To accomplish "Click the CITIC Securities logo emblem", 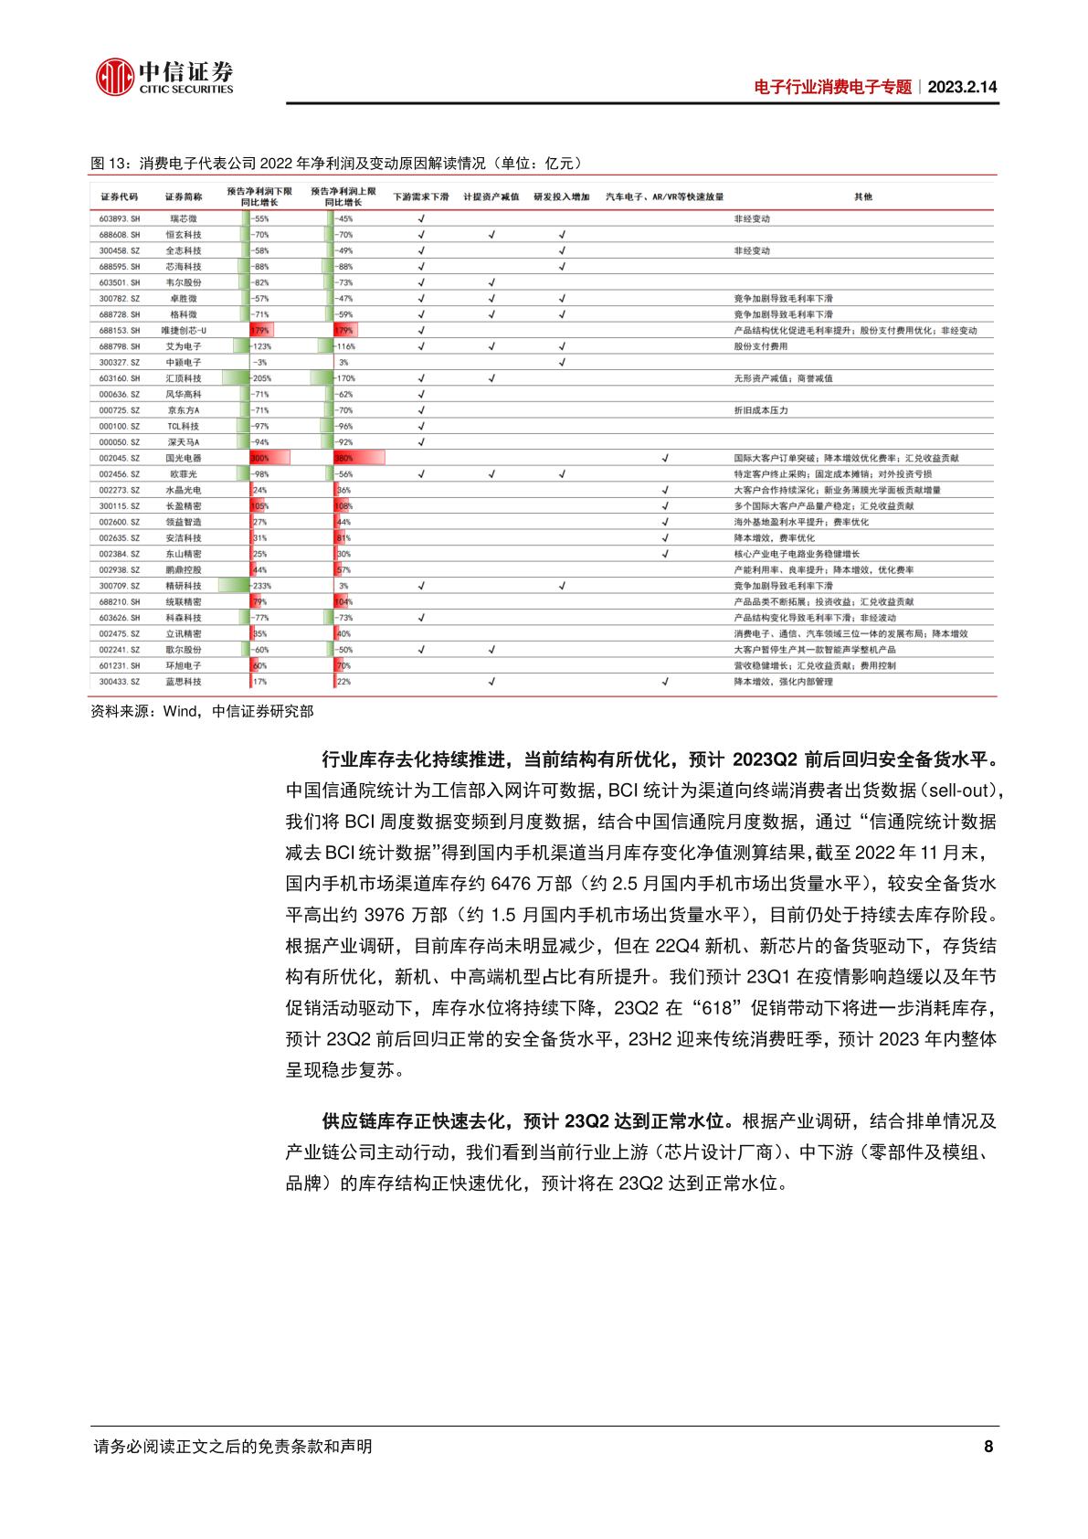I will click(x=113, y=76).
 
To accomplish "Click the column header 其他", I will click(x=861, y=196).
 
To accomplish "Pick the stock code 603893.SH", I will click(x=119, y=219).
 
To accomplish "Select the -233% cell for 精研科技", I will click(x=261, y=586).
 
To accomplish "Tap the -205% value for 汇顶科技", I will click(x=261, y=378).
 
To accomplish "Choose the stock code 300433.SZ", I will click(x=119, y=682).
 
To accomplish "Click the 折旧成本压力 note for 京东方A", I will click(x=760, y=410).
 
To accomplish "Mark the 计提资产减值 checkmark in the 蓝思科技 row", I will click(x=491, y=682).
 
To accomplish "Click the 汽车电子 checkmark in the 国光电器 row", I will click(x=665, y=458).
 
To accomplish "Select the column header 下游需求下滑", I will click(x=421, y=196).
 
